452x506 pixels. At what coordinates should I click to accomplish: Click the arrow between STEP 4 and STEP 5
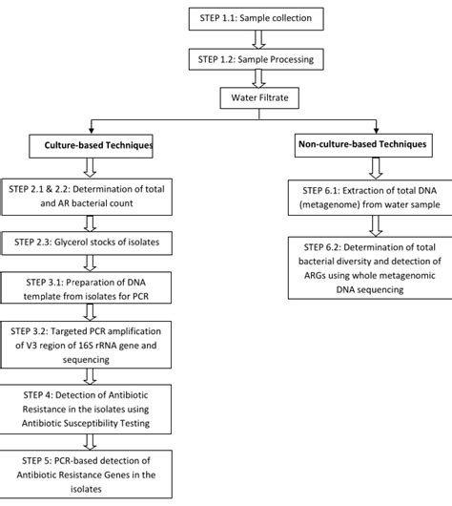pyautogui.click(x=88, y=440)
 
